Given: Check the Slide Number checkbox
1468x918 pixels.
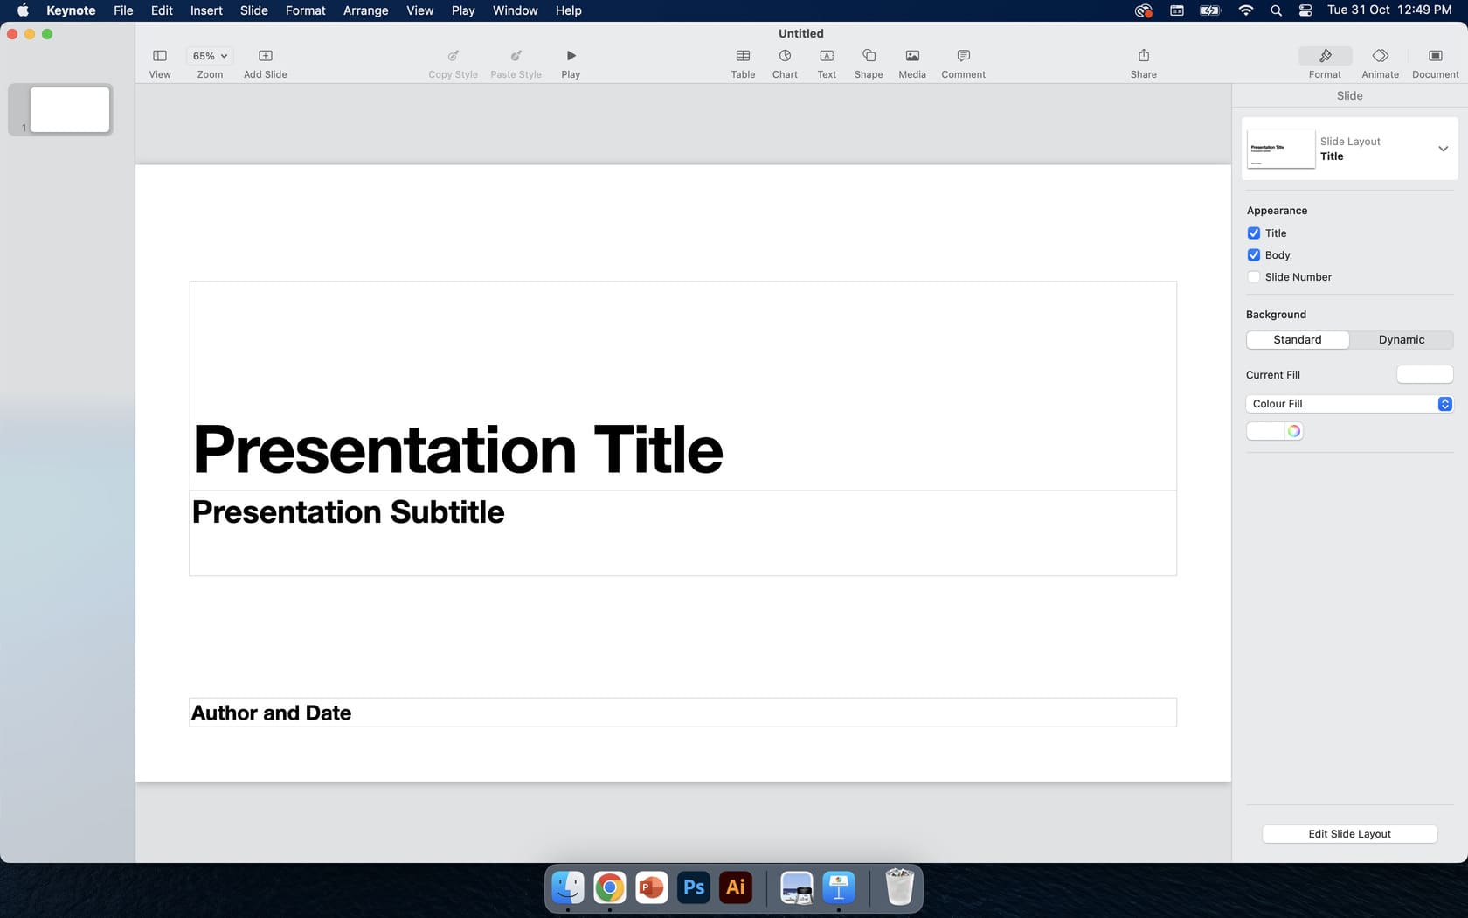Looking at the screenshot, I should pyautogui.click(x=1254, y=277).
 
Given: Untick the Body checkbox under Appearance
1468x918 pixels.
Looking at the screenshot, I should pyautogui.click(x=1254, y=255).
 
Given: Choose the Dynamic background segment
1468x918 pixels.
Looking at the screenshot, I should pyautogui.click(x=1401, y=340).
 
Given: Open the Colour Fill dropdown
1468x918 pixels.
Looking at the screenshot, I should pyautogui.click(x=1348, y=404).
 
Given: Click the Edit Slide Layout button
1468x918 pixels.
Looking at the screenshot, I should pyautogui.click(x=1349, y=834).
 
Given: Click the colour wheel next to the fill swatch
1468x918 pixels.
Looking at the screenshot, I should pyautogui.click(x=1293, y=431).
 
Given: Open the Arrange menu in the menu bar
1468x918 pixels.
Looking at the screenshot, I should pyautogui.click(x=365, y=10).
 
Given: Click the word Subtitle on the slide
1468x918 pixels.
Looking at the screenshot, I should pyautogui.click(x=447, y=512).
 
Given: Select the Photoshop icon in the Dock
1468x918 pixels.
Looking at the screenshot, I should pyautogui.click(x=694, y=888).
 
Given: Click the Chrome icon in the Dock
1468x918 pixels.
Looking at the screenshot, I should pyautogui.click(x=610, y=888).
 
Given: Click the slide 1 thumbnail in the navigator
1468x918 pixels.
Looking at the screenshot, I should pyautogui.click(x=69, y=109).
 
